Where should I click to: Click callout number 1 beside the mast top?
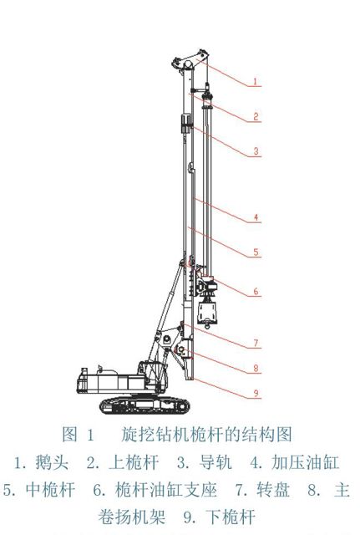pyautogui.click(x=256, y=82)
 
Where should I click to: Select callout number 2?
pyautogui.click(x=256, y=117)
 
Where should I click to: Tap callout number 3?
pyautogui.click(x=256, y=150)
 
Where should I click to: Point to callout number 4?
pyautogui.click(x=256, y=217)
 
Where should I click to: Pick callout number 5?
pyautogui.click(x=256, y=252)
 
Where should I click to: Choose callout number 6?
pyautogui.click(x=256, y=292)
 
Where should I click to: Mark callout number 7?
pyautogui.click(x=256, y=343)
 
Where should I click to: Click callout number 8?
pyautogui.click(x=256, y=368)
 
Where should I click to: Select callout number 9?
pyautogui.click(x=256, y=393)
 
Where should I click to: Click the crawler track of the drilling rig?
pyautogui.click(x=145, y=405)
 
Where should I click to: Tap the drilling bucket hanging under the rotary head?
pyautogui.click(x=208, y=313)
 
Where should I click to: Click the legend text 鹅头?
pyautogui.click(x=52, y=462)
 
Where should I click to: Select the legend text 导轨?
pyautogui.click(x=215, y=462)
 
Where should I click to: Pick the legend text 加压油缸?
pyautogui.click(x=305, y=462)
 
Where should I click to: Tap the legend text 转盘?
pyautogui.click(x=273, y=490)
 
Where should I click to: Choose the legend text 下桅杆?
pyautogui.click(x=231, y=517)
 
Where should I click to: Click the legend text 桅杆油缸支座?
pyautogui.click(x=166, y=490)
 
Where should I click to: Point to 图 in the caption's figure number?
pyautogui.click(x=70, y=435)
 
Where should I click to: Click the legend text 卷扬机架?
pyautogui.click(x=132, y=517)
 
